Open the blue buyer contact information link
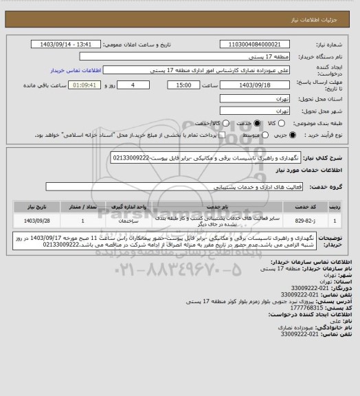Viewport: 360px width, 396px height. [76, 70]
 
